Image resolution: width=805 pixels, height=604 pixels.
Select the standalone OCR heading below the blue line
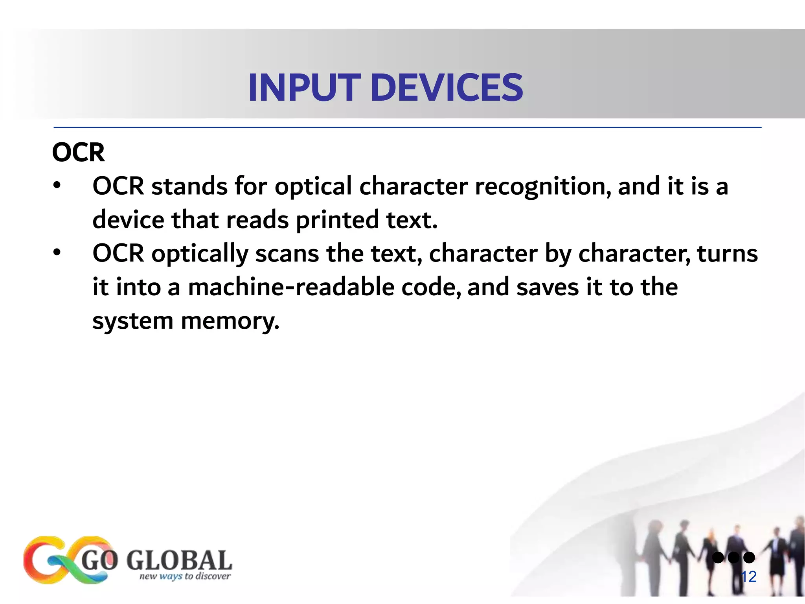pos(78,153)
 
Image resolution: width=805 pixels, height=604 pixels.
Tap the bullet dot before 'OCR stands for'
pos(57,185)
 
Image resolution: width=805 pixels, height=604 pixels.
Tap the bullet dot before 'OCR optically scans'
pos(57,252)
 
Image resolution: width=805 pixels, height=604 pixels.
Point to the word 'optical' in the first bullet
pos(313,186)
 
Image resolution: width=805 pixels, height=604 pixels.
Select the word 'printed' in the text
pos(337,220)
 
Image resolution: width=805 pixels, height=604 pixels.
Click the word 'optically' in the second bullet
pos(200,254)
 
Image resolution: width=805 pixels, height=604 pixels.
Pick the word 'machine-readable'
pos(291,287)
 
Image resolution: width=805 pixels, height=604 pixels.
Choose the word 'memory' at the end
pos(230,321)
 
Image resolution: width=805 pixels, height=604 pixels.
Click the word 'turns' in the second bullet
pos(727,254)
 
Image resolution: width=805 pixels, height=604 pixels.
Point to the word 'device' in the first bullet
pos(128,220)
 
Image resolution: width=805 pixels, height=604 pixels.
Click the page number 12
pos(748,577)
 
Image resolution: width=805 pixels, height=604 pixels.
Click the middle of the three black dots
pos(733,557)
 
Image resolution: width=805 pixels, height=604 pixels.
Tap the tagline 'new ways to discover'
pos(185,576)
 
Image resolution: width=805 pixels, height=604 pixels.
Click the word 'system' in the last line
pos(133,321)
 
